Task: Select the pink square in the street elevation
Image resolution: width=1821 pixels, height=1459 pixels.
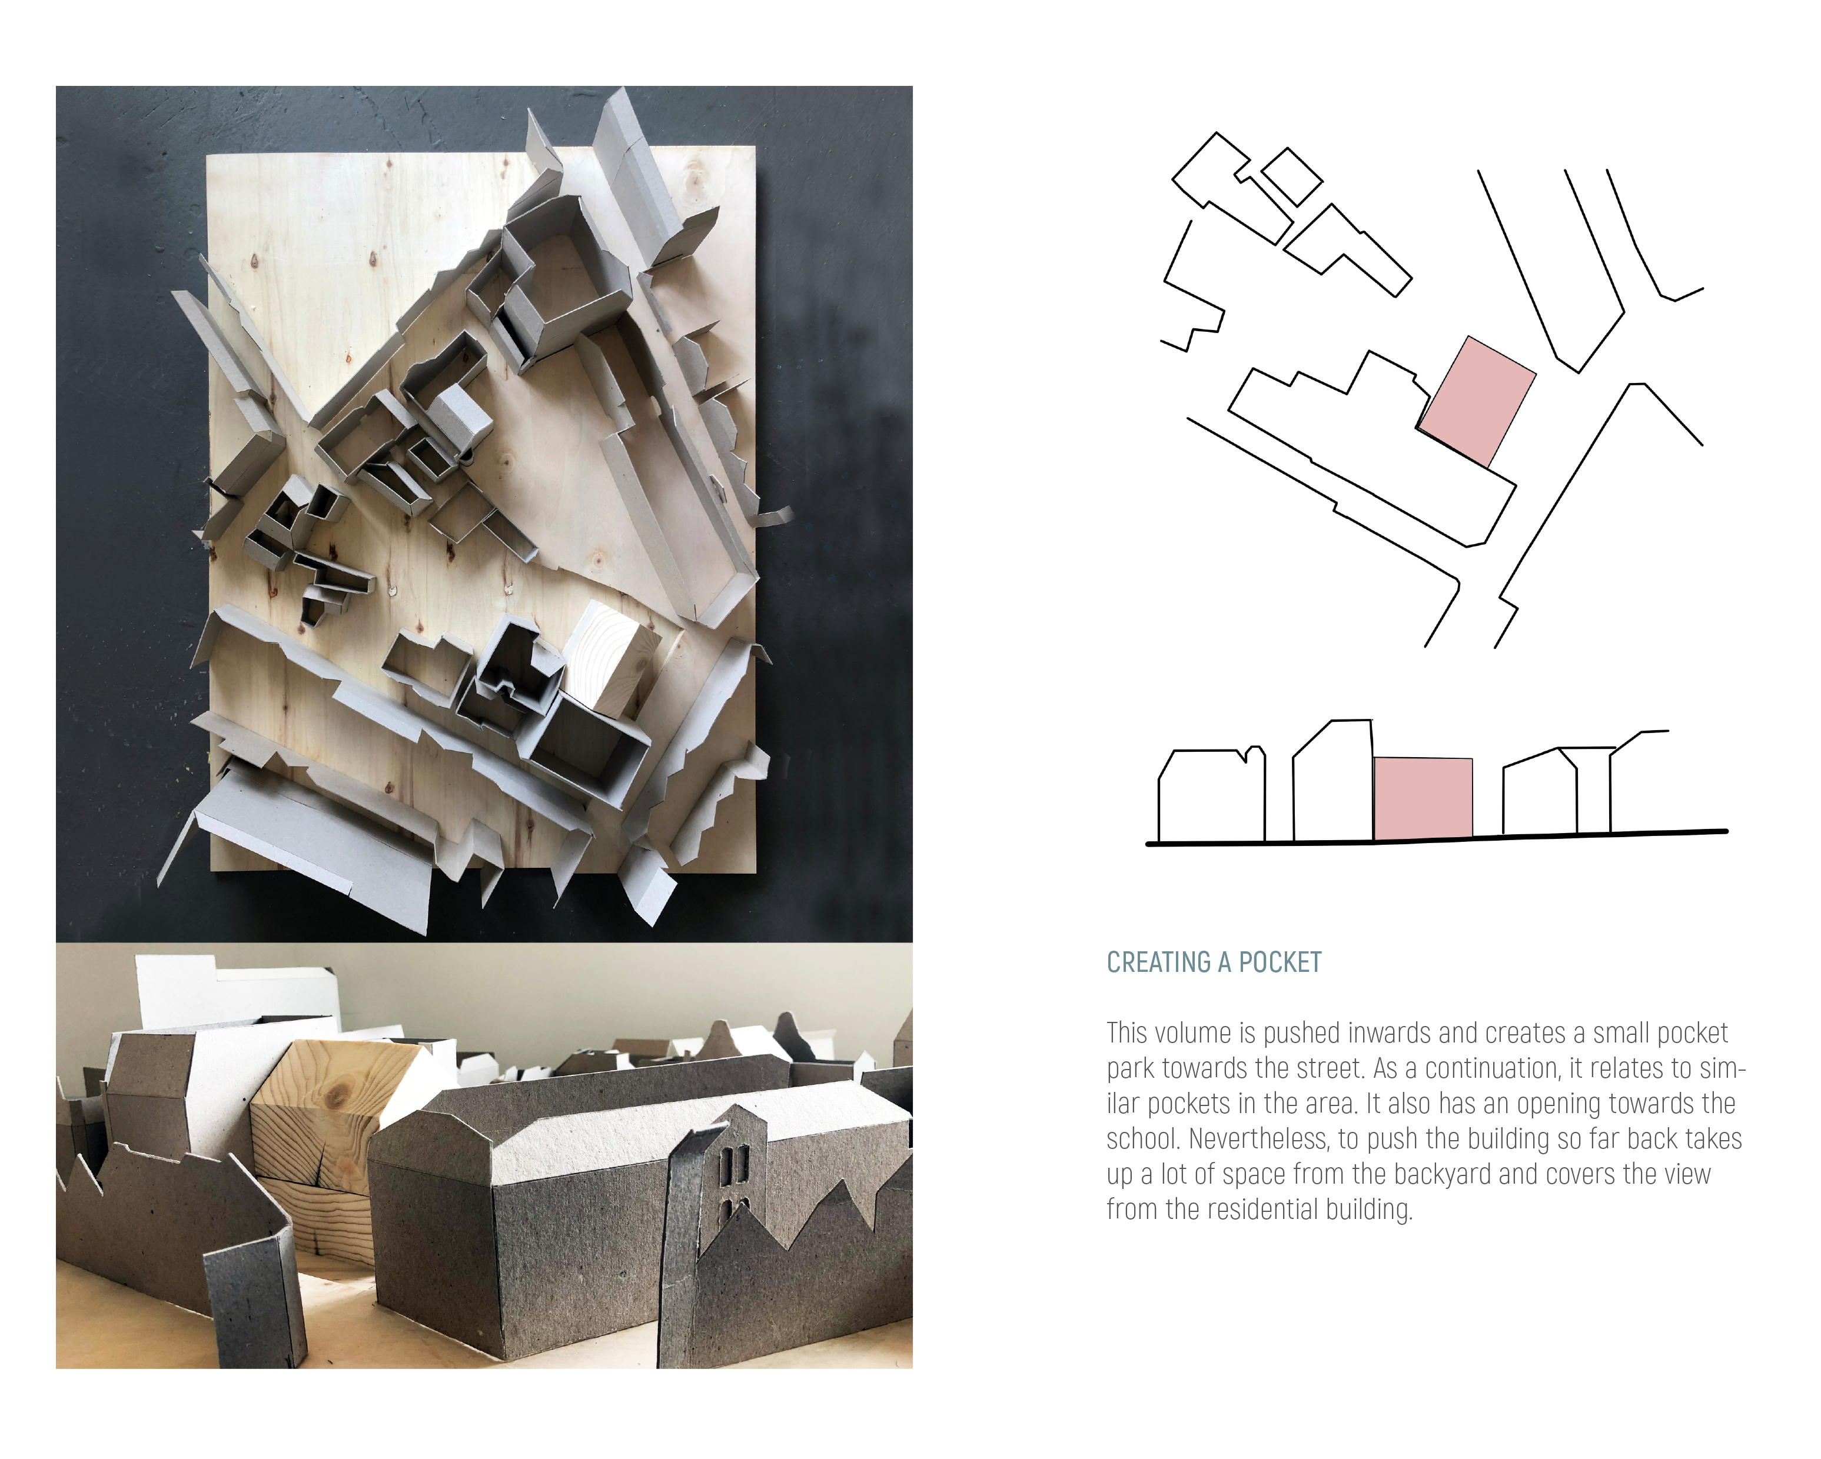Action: (1423, 798)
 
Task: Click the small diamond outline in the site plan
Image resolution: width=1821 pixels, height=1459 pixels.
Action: (1291, 176)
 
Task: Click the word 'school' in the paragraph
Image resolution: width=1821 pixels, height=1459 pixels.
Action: (1141, 1139)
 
